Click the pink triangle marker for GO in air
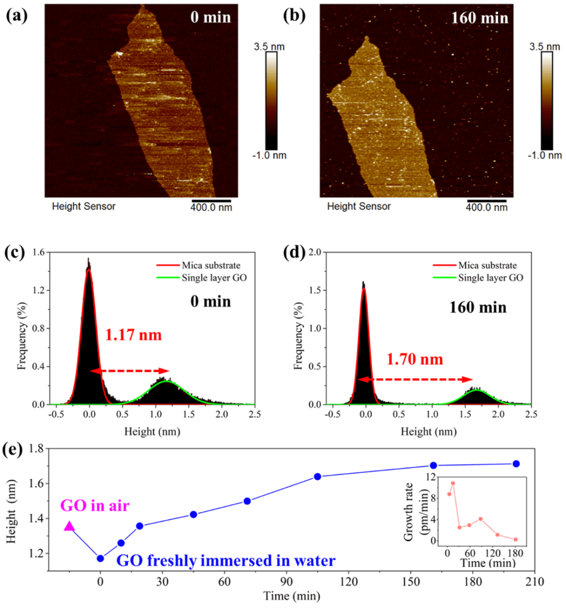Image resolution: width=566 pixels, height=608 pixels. (x=69, y=526)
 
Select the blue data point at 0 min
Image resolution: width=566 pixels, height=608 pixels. (x=101, y=558)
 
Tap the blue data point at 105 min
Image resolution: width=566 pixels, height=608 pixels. (x=318, y=477)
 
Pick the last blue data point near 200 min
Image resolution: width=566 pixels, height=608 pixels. (x=516, y=463)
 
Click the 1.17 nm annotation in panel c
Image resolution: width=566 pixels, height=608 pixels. (x=134, y=334)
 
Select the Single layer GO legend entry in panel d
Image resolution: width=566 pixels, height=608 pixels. (x=490, y=278)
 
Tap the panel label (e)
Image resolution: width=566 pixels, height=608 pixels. (x=14, y=450)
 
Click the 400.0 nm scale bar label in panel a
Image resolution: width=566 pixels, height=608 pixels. (x=211, y=208)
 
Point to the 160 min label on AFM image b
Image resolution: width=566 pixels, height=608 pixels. (x=480, y=18)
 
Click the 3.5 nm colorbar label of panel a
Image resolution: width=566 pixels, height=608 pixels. (x=269, y=47)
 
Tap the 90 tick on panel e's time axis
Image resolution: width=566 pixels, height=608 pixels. (x=287, y=581)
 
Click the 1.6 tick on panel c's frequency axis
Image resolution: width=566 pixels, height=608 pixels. (x=38, y=252)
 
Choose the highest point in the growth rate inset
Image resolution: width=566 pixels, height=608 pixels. (x=453, y=483)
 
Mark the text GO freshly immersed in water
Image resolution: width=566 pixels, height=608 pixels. (x=225, y=561)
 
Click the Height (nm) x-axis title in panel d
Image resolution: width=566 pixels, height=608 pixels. (x=429, y=432)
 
